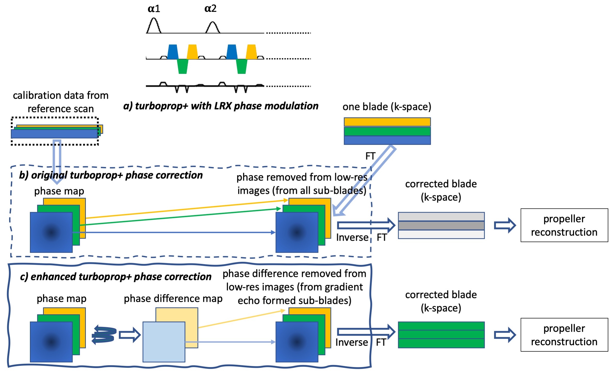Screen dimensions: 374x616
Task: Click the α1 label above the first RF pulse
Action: click(154, 9)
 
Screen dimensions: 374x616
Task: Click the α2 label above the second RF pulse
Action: click(210, 8)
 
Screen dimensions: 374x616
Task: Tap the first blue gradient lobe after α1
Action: click(173, 52)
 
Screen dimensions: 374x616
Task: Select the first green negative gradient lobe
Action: click(183, 66)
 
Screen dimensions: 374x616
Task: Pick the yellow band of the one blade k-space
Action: click(387, 122)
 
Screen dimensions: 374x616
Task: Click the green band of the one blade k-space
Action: click(387, 131)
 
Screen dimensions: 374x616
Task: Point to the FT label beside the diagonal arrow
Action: click(371, 156)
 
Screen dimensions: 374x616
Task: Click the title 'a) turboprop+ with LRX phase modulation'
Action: click(221, 106)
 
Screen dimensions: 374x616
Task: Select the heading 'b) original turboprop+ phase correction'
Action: click(111, 175)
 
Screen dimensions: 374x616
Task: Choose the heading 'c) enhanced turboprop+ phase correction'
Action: click(116, 277)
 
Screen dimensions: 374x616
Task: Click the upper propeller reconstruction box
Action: click(564, 225)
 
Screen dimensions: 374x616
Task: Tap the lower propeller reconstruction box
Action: click(564, 335)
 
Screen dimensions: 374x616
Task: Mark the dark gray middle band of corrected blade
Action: click(441, 225)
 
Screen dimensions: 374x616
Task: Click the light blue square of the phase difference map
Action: click(164, 342)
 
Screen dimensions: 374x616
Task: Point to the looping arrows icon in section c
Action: click(104, 335)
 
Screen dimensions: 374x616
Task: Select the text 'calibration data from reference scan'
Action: click(61, 102)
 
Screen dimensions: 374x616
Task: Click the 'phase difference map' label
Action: click(173, 299)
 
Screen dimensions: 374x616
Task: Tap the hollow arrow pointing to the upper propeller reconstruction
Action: click(505, 225)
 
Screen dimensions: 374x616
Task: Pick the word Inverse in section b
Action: click(352, 237)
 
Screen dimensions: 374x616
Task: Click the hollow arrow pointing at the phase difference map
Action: click(129, 335)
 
